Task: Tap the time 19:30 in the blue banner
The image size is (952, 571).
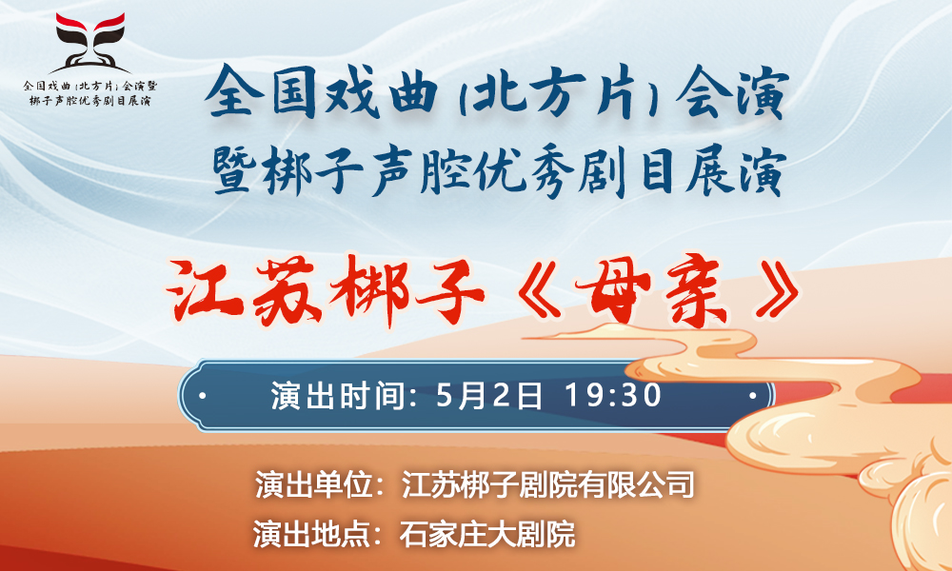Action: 612,395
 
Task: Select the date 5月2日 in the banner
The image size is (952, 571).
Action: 488,396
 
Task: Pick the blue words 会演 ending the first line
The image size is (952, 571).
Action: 731,94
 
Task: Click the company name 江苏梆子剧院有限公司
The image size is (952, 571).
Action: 547,484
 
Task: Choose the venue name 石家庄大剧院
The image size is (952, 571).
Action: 486,534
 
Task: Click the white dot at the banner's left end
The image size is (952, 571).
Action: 202,396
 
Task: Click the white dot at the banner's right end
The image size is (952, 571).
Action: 752,396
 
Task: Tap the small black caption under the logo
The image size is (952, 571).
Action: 90,93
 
